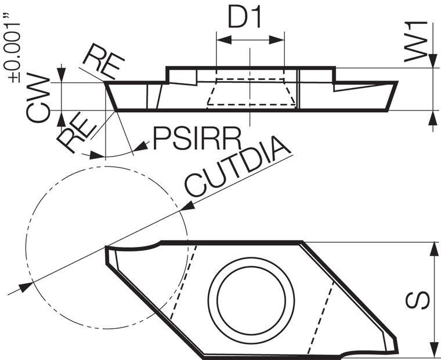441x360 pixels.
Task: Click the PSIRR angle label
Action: click(197, 139)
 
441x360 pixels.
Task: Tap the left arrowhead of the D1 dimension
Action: click(221, 40)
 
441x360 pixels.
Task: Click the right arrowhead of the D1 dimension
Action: click(279, 40)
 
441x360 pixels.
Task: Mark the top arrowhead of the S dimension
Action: click(433, 248)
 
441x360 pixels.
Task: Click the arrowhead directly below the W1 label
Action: click(432, 63)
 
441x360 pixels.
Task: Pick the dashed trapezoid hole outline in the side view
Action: click(250, 93)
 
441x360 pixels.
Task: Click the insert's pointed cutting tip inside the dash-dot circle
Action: click(107, 249)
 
